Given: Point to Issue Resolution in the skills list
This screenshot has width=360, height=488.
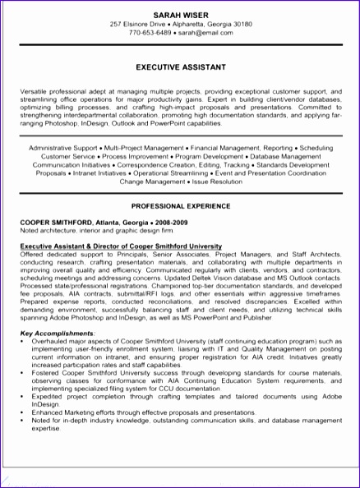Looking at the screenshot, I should click(x=215, y=181).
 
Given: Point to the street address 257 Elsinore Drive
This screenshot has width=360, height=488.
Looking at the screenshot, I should click(x=140, y=25).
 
